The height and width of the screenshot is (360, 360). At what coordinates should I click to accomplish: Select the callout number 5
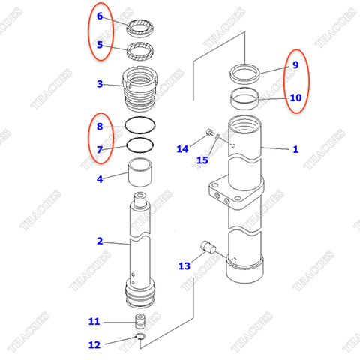100,45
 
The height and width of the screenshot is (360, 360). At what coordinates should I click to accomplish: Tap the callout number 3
100,84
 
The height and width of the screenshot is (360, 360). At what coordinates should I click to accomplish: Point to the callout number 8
100,127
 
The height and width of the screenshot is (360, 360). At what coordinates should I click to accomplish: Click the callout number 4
100,178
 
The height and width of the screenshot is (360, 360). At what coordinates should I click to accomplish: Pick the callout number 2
100,241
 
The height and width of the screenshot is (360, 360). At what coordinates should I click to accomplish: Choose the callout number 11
94,322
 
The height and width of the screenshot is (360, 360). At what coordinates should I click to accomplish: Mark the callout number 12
94,345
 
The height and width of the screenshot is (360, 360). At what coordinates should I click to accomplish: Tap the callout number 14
182,149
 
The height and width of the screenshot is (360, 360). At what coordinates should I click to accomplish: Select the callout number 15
202,160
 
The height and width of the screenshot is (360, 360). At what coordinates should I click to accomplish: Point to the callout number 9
295,65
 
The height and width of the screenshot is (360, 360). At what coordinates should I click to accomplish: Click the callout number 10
295,97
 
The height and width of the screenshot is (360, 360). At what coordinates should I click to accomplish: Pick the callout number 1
295,149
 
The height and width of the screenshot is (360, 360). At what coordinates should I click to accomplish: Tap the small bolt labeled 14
205,135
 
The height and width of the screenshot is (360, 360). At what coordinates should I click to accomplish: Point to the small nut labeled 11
139,322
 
